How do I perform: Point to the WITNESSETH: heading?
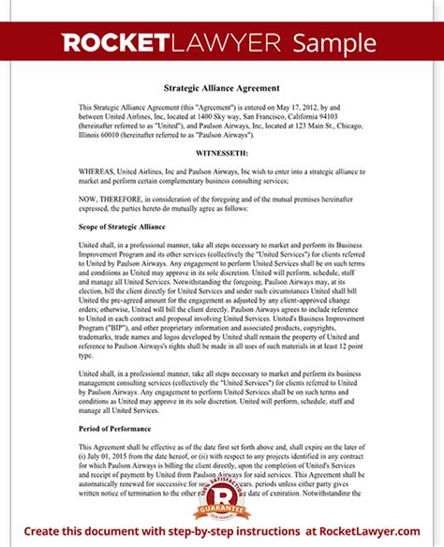pos(222,149)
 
